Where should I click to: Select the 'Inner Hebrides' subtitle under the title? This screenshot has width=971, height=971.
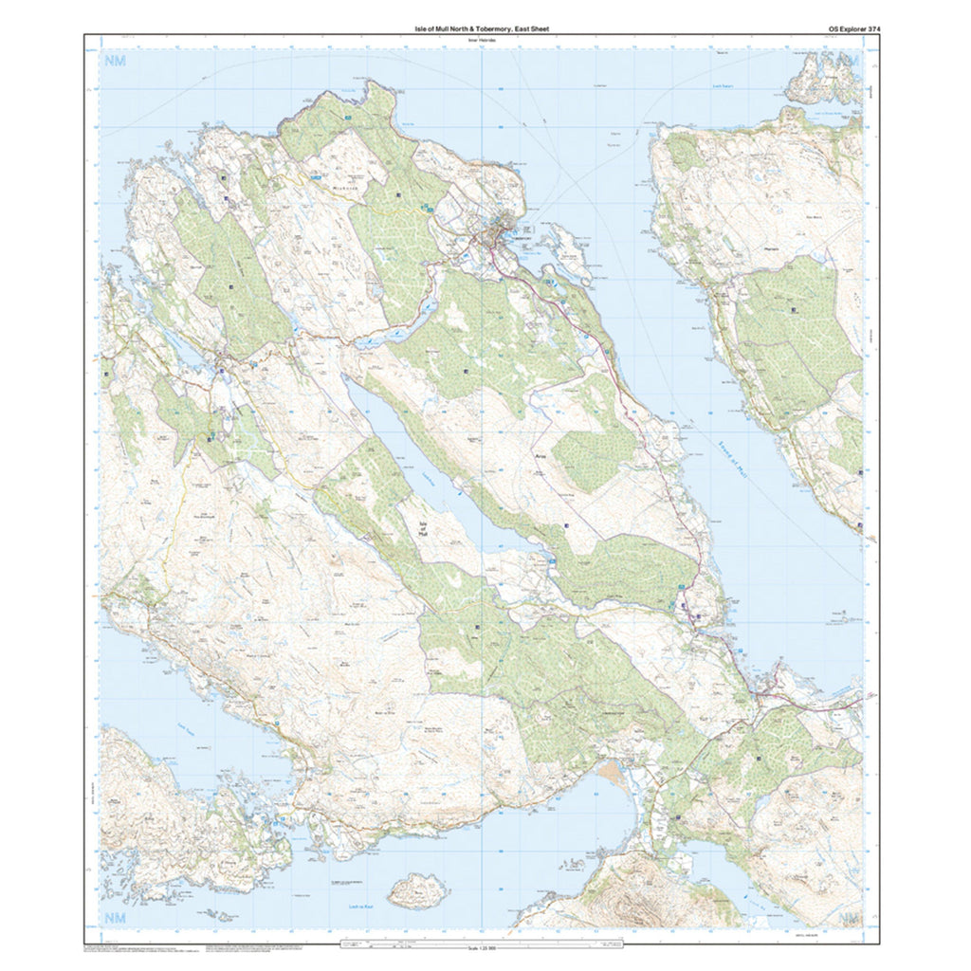[x=485, y=40]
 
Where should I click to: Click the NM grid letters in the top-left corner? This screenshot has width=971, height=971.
[x=115, y=62]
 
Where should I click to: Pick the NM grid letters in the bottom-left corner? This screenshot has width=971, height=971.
[x=115, y=917]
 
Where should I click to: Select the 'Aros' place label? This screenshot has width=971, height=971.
[x=516, y=455]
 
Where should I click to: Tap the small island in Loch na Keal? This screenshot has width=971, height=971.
[x=417, y=890]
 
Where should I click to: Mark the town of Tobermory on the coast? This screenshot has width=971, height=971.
[x=498, y=237]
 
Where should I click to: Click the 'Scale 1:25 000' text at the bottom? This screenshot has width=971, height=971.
[x=485, y=951]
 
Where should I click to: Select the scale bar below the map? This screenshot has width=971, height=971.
[x=485, y=944]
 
